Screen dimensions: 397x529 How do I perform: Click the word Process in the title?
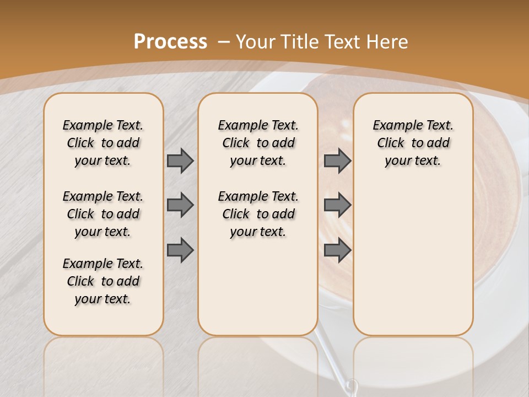(170, 42)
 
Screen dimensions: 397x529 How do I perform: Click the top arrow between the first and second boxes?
(180, 161)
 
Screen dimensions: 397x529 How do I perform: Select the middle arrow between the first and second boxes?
(180, 205)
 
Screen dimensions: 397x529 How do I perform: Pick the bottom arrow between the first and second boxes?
(180, 251)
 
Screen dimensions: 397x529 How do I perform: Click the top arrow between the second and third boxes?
(337, 161)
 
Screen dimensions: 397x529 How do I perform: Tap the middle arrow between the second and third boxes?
(337, 205)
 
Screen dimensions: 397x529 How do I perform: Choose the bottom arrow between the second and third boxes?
(337, 251)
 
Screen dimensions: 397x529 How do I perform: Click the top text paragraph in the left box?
(103, 143)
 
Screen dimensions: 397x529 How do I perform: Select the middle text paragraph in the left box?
(103, 214)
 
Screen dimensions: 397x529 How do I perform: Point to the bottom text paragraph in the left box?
(103, 281)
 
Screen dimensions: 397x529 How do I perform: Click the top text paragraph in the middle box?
(258, 143)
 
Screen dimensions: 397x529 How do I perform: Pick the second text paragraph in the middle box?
(258, 214)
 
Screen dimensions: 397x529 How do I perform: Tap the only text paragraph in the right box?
(413, 143)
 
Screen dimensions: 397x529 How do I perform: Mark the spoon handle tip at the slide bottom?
(351, 385)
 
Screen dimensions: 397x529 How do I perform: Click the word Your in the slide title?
(255, 42)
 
